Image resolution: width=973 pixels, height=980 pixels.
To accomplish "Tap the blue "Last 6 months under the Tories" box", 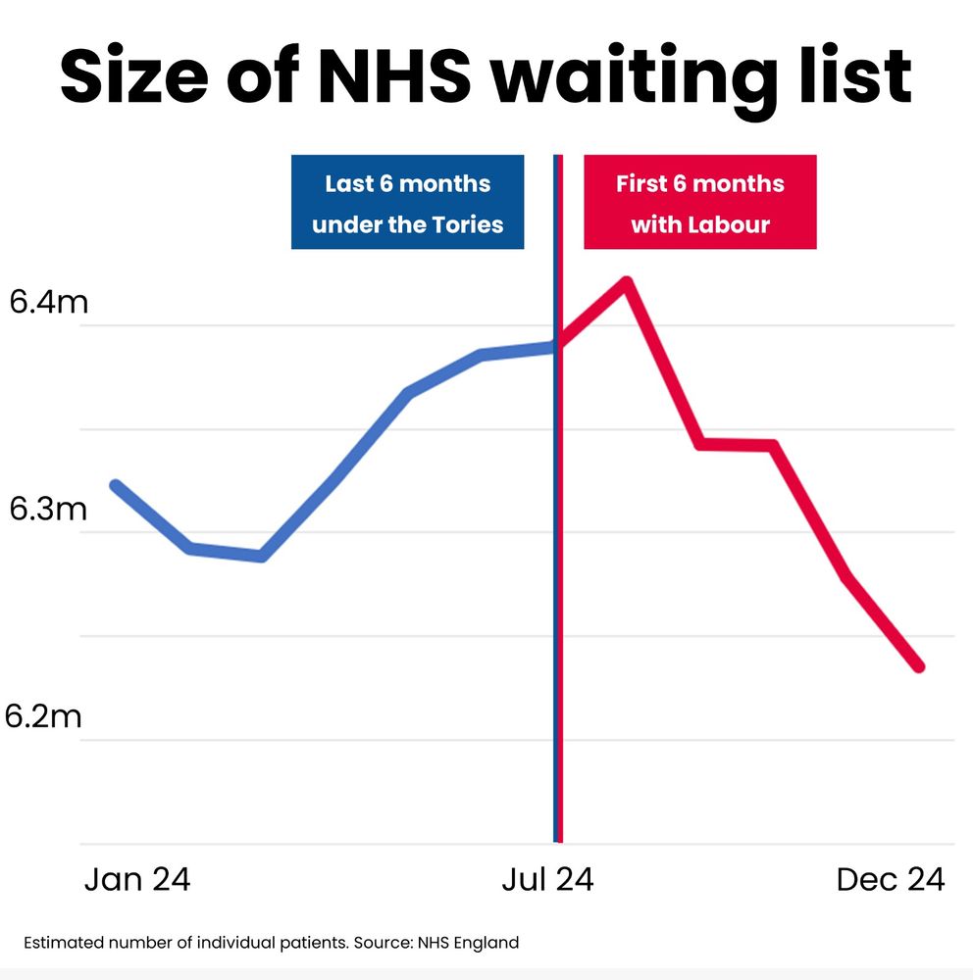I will point(407,203).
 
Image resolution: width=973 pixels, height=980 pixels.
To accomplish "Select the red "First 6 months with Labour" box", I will point(700,203).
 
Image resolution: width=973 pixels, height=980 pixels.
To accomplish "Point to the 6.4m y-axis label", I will point(48,303).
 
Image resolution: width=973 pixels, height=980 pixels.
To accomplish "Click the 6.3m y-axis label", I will point(48,511).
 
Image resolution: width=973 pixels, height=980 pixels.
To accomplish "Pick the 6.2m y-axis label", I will point(44,717).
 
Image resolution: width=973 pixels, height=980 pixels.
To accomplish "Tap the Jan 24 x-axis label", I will point(137,880).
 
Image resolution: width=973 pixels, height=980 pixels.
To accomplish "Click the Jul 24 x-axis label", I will point(547,880).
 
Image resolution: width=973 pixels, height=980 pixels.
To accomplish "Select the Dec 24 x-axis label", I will point(891,880).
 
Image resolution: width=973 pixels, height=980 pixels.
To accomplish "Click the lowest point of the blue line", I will point(261,557).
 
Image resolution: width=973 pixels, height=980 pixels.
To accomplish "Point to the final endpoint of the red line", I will point(919,667).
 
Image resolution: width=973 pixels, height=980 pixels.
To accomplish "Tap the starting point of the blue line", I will point(115,485).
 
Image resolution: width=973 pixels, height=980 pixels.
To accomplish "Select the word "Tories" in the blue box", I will point(468,224).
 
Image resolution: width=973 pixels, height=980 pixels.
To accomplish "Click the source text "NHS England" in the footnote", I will point(468,944).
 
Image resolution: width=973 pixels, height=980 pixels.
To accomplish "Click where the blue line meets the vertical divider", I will point(556,345).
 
